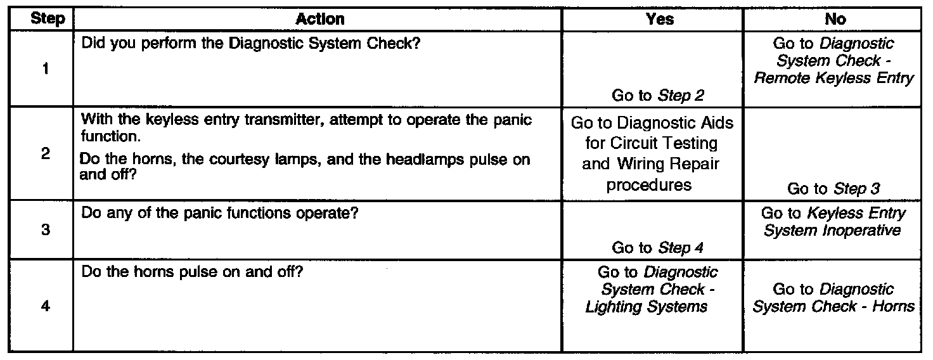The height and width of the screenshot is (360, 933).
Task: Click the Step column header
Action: pos(48,19)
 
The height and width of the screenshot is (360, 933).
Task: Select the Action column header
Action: pos(320,19)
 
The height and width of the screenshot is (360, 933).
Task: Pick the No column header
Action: pos(835,19)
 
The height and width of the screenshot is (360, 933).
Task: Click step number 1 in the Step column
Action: pos(45,70)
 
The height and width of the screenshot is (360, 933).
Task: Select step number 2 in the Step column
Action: pos(45,154)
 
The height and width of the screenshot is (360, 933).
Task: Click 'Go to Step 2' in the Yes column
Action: pos(658,96)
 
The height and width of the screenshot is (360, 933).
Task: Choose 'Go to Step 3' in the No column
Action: pos(833,189)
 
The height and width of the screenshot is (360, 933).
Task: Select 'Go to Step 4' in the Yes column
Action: pos(658,248)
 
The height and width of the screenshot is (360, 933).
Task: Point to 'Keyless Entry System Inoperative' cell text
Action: pos(833,222)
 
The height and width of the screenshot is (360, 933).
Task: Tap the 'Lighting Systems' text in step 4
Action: pos(647,307)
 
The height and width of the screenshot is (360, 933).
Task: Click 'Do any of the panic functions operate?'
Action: pos(221,214)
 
